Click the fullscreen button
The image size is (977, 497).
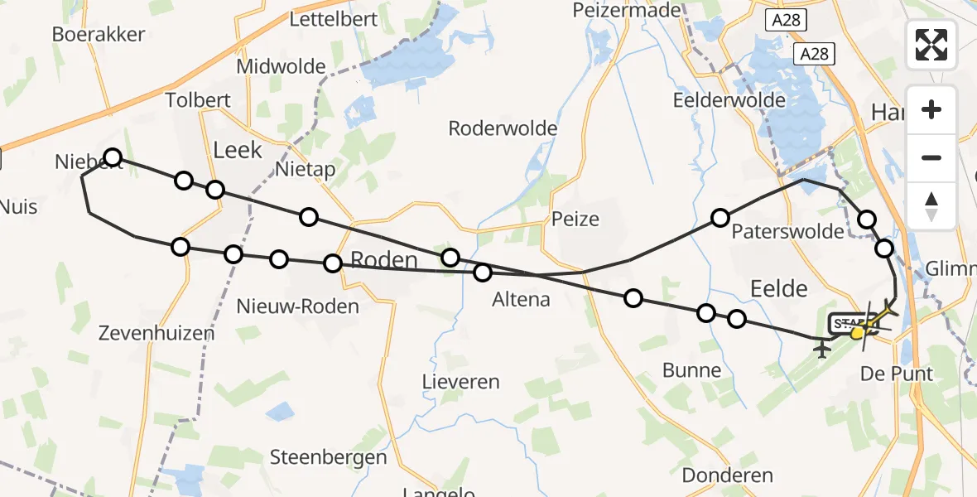coord(931,45)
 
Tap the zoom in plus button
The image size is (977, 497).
coord(931,109)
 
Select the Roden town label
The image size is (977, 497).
coord(384,260)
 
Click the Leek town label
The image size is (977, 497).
coord(238,150)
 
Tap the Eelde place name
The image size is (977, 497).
coord(777,288)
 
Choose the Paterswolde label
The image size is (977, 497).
coord(787,231)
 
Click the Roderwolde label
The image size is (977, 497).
coord(503,129)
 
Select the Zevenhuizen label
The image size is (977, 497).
coord(156,333)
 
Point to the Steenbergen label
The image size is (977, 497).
coord(329,457)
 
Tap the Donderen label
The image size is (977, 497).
coord(728,475)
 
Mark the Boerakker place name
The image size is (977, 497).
coord(99,34)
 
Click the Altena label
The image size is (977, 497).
coord(521,299)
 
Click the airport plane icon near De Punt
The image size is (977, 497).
coord(822,350)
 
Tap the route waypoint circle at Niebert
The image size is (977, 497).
coord(113,157)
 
